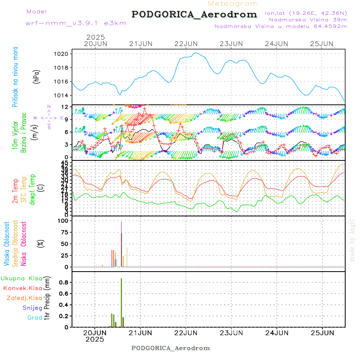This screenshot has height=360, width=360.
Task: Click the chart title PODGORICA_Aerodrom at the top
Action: coord(194,14)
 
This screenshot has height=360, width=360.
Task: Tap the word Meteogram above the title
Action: coord(233,4)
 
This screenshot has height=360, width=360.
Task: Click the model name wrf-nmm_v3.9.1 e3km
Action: coord(76,23)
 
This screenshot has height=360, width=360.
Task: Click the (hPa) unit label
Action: coord(36,76)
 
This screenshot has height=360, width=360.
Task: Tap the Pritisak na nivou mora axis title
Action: coord(15,77)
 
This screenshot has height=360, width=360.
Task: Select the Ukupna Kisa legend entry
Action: coord(22,278)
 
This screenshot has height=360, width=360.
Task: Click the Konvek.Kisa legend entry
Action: coord(23,288)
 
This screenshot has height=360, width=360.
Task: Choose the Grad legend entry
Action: coord(35,318)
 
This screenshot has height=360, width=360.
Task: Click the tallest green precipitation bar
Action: coord(121,302)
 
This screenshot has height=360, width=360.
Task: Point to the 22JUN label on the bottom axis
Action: coord(186,332)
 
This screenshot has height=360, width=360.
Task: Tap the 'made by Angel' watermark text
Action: coord(352,240)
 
